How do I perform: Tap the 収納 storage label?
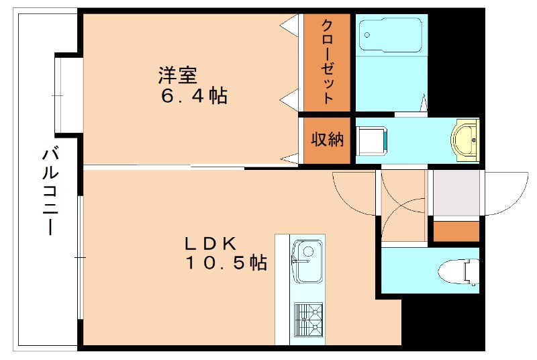[x=327, y=140]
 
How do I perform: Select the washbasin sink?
[x=465, y=139]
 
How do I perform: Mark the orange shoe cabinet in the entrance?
[x=456, y=230]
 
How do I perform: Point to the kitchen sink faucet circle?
[x=308, y=251]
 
